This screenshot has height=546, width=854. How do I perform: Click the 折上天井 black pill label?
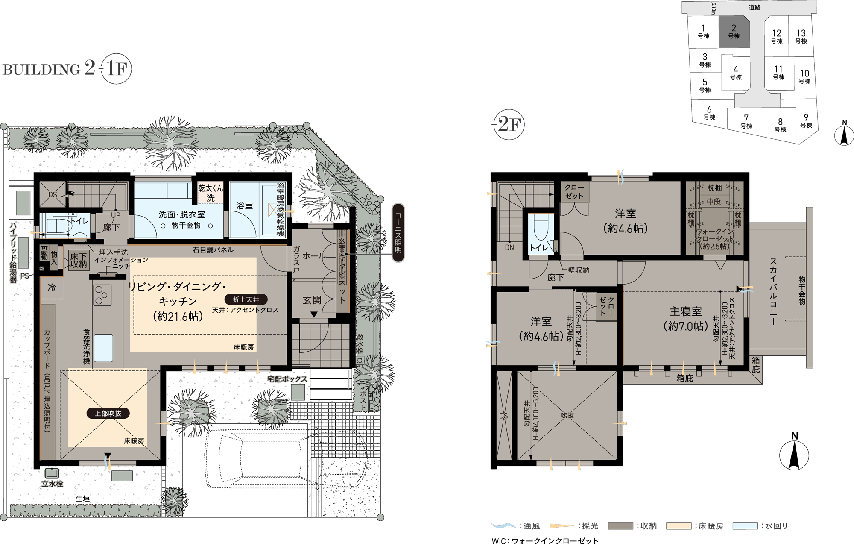point(246,299)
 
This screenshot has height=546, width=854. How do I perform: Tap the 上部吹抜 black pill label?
point(108,413)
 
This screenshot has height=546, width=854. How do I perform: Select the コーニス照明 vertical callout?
point(398,232)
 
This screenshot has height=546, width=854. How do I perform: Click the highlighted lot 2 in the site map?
point(734,32)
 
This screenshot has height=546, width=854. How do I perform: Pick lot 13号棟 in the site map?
point(801,36)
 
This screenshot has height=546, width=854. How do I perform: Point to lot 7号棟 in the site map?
point(746,121)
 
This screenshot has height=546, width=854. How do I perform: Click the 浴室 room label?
point(244,206)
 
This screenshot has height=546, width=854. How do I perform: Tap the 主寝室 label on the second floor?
point(686,311)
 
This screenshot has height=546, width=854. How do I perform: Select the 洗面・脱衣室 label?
point(182,214)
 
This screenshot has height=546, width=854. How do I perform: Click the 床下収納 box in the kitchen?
point(79,260)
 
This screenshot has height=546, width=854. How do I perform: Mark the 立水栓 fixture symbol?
point(52,473)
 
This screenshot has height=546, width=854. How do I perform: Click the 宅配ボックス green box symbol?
point(298,392)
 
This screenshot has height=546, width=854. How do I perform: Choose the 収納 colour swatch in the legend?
point(620,526)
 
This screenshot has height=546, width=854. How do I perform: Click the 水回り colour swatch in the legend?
point(745,526)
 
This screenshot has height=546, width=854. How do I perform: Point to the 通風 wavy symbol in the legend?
point(504,526)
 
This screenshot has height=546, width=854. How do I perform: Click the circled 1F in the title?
point(116,68)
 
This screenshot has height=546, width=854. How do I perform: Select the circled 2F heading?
point(509,124)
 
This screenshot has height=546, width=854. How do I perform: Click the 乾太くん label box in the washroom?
point(211,193)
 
